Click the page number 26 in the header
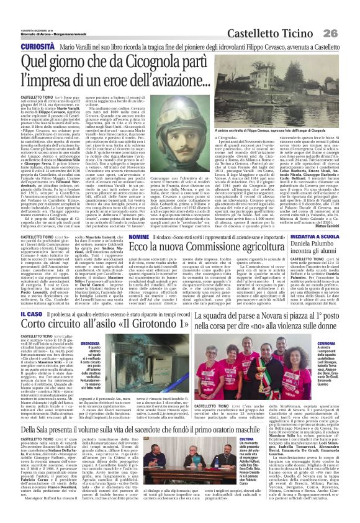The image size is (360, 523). (x=346, y=14)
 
